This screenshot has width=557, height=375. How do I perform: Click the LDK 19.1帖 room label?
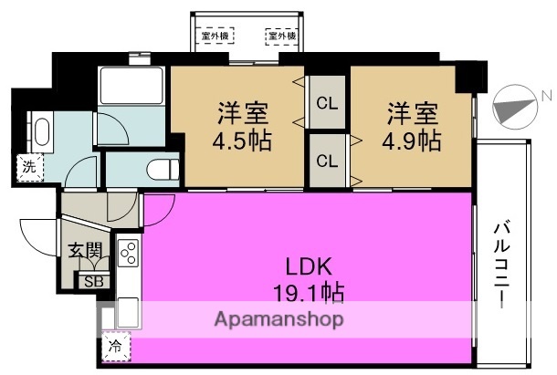click(x=301, y=279)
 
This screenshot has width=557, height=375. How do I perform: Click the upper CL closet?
click(x=326, y=102)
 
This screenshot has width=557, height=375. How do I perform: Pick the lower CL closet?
click(x=326, y=160)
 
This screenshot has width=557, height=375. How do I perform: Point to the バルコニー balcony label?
click(x=503, y=265)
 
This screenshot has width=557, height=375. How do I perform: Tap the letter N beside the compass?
click(x=544, y=95)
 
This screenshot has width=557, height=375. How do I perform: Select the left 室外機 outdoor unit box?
click(x=217, y=36)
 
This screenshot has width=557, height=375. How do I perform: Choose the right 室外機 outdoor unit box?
click(x=281, y=36)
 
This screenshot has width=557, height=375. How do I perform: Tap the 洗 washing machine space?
click(x=30, y=167)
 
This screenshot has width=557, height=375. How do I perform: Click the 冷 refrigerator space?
click(x=116, y=346)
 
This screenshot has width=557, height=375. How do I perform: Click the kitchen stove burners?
click(x=127, y=252)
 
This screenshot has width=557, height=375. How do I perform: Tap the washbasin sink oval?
click(x=42, y=132)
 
